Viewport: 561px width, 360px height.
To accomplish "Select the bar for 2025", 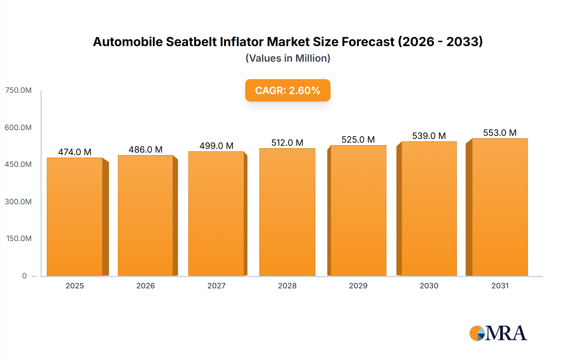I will [x=75, y=217].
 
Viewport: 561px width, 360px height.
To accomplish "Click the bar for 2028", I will [x=287, y=212].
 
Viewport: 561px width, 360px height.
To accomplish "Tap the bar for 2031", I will [x=500, y=207].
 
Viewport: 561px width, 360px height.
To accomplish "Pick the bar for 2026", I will [x=146, y=216].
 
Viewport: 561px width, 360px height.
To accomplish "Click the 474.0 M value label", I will [x=75, y=152].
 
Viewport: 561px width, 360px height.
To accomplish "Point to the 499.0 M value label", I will [x=216, y=146].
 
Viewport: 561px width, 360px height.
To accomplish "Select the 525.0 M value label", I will [x=358, y=140].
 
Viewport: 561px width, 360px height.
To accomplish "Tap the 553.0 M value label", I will [x=500, y=133].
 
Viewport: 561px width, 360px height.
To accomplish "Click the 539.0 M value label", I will [x=429, y=136].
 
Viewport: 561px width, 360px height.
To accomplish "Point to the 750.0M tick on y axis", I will [x=18, y=90].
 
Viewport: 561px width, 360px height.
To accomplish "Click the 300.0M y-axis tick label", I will [x=18, y=201].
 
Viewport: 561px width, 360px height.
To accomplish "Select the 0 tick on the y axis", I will [x=24, y=276].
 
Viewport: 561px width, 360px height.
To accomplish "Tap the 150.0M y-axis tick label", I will [x=19, y=239].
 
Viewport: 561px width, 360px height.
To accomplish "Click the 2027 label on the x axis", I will [x=216, y=286].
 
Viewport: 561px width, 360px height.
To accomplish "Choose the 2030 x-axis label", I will [x=429, y=286].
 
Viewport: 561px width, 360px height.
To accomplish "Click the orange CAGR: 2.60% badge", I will [x=287, y=90].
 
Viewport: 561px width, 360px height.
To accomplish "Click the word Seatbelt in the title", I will [x=191, y=42].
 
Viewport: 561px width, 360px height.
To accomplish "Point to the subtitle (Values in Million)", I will [x=288, y=58].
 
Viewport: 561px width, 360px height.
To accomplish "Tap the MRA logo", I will [x=498, y=333].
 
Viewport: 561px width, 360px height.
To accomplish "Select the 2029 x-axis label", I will [x=358, y=286].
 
